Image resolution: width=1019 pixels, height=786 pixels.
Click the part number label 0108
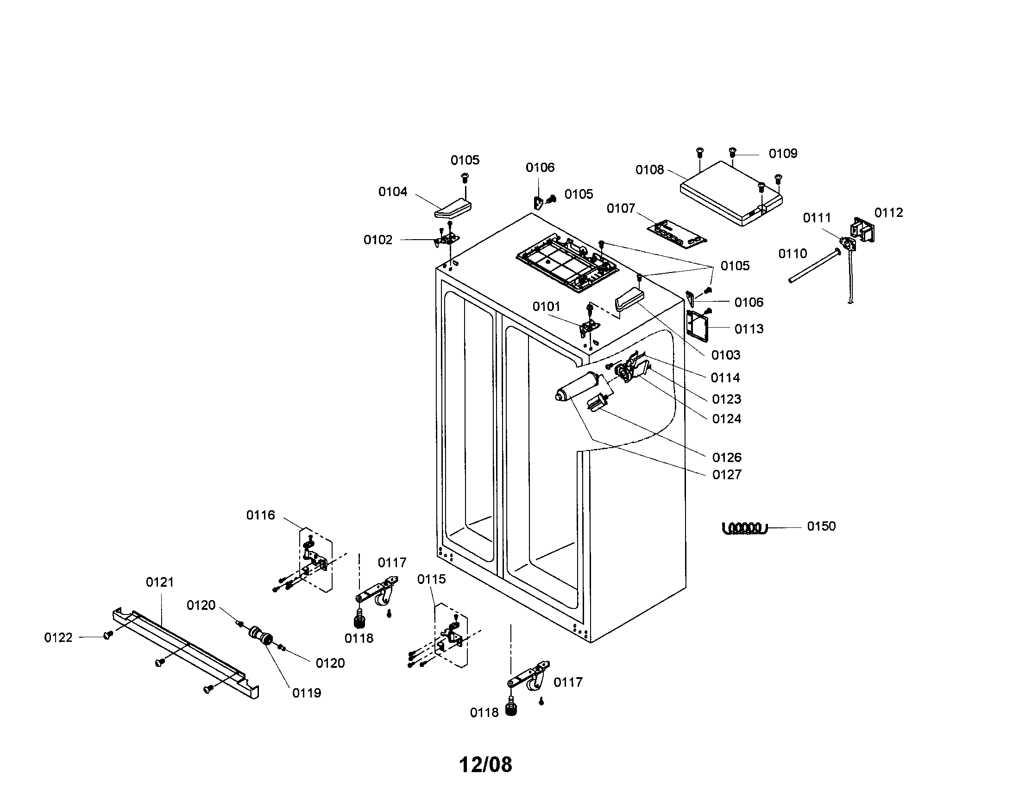click(x=649, y=170)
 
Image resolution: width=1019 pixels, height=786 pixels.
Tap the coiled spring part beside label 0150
click(x=744, y=528)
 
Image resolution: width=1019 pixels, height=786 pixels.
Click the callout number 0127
click(x=726, y=475)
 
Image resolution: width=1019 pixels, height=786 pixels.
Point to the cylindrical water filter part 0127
click(x=579, y=387)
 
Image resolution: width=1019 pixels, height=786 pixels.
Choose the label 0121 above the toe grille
click(x=160, y=582)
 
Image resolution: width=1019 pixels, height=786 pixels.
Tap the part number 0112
click(x=888, y=213)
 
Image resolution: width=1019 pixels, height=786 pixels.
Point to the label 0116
click(x=260, y=515)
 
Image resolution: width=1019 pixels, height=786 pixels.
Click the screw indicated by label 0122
click(x=108, y=635)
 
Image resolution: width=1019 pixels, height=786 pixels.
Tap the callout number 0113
click(x=749, y=329)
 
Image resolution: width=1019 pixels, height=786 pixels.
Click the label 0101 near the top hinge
click(x=546, y=307)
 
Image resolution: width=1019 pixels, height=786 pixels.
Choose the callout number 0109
click(x=783, y=153)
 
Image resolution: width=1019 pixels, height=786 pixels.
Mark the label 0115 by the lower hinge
click(x=431, y=579)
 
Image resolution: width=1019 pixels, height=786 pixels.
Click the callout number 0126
click(x=726, y=457)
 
